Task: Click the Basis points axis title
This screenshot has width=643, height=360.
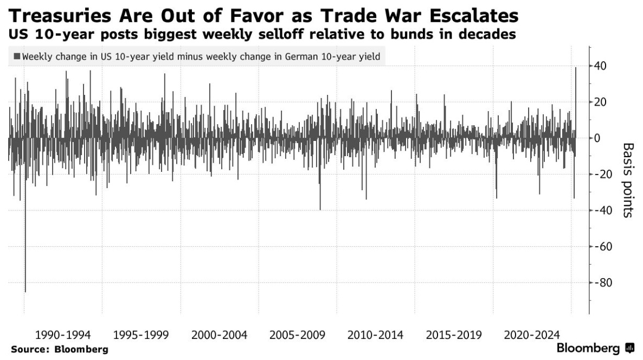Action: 627,180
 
